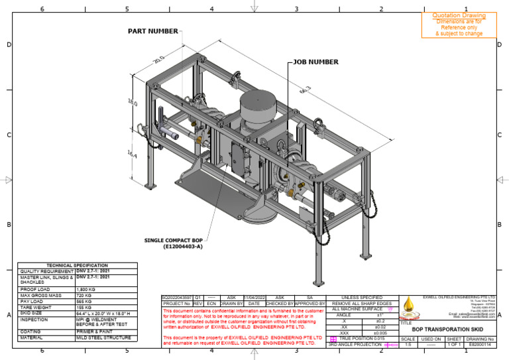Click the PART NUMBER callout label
[152, 31]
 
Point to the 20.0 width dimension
[158, 60]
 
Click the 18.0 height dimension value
[132, 104]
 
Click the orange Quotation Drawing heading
[459, 15]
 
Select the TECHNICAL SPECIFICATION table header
[77, 265]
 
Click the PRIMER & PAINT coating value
[93, 332]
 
